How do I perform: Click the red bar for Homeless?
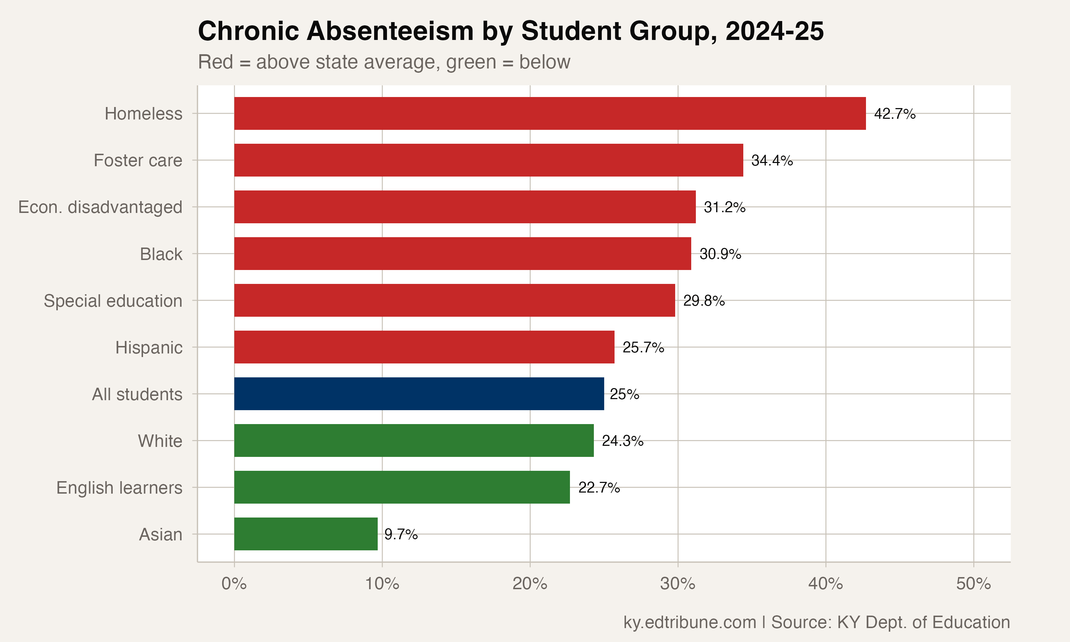550,113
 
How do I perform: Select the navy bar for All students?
419,394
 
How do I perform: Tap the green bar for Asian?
306,534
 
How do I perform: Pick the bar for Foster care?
488,160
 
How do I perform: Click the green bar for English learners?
402,487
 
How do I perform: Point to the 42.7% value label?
895,114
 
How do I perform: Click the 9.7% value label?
401,534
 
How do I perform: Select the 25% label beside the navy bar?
624,394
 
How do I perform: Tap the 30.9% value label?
720,254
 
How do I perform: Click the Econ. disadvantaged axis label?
100,207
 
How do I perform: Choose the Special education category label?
113,301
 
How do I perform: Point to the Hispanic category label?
149,347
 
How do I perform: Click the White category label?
160,441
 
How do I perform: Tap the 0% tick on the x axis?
234,584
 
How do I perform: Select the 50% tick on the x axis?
973,584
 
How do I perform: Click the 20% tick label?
530,584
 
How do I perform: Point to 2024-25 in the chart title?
774,31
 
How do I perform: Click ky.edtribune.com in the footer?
689,622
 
